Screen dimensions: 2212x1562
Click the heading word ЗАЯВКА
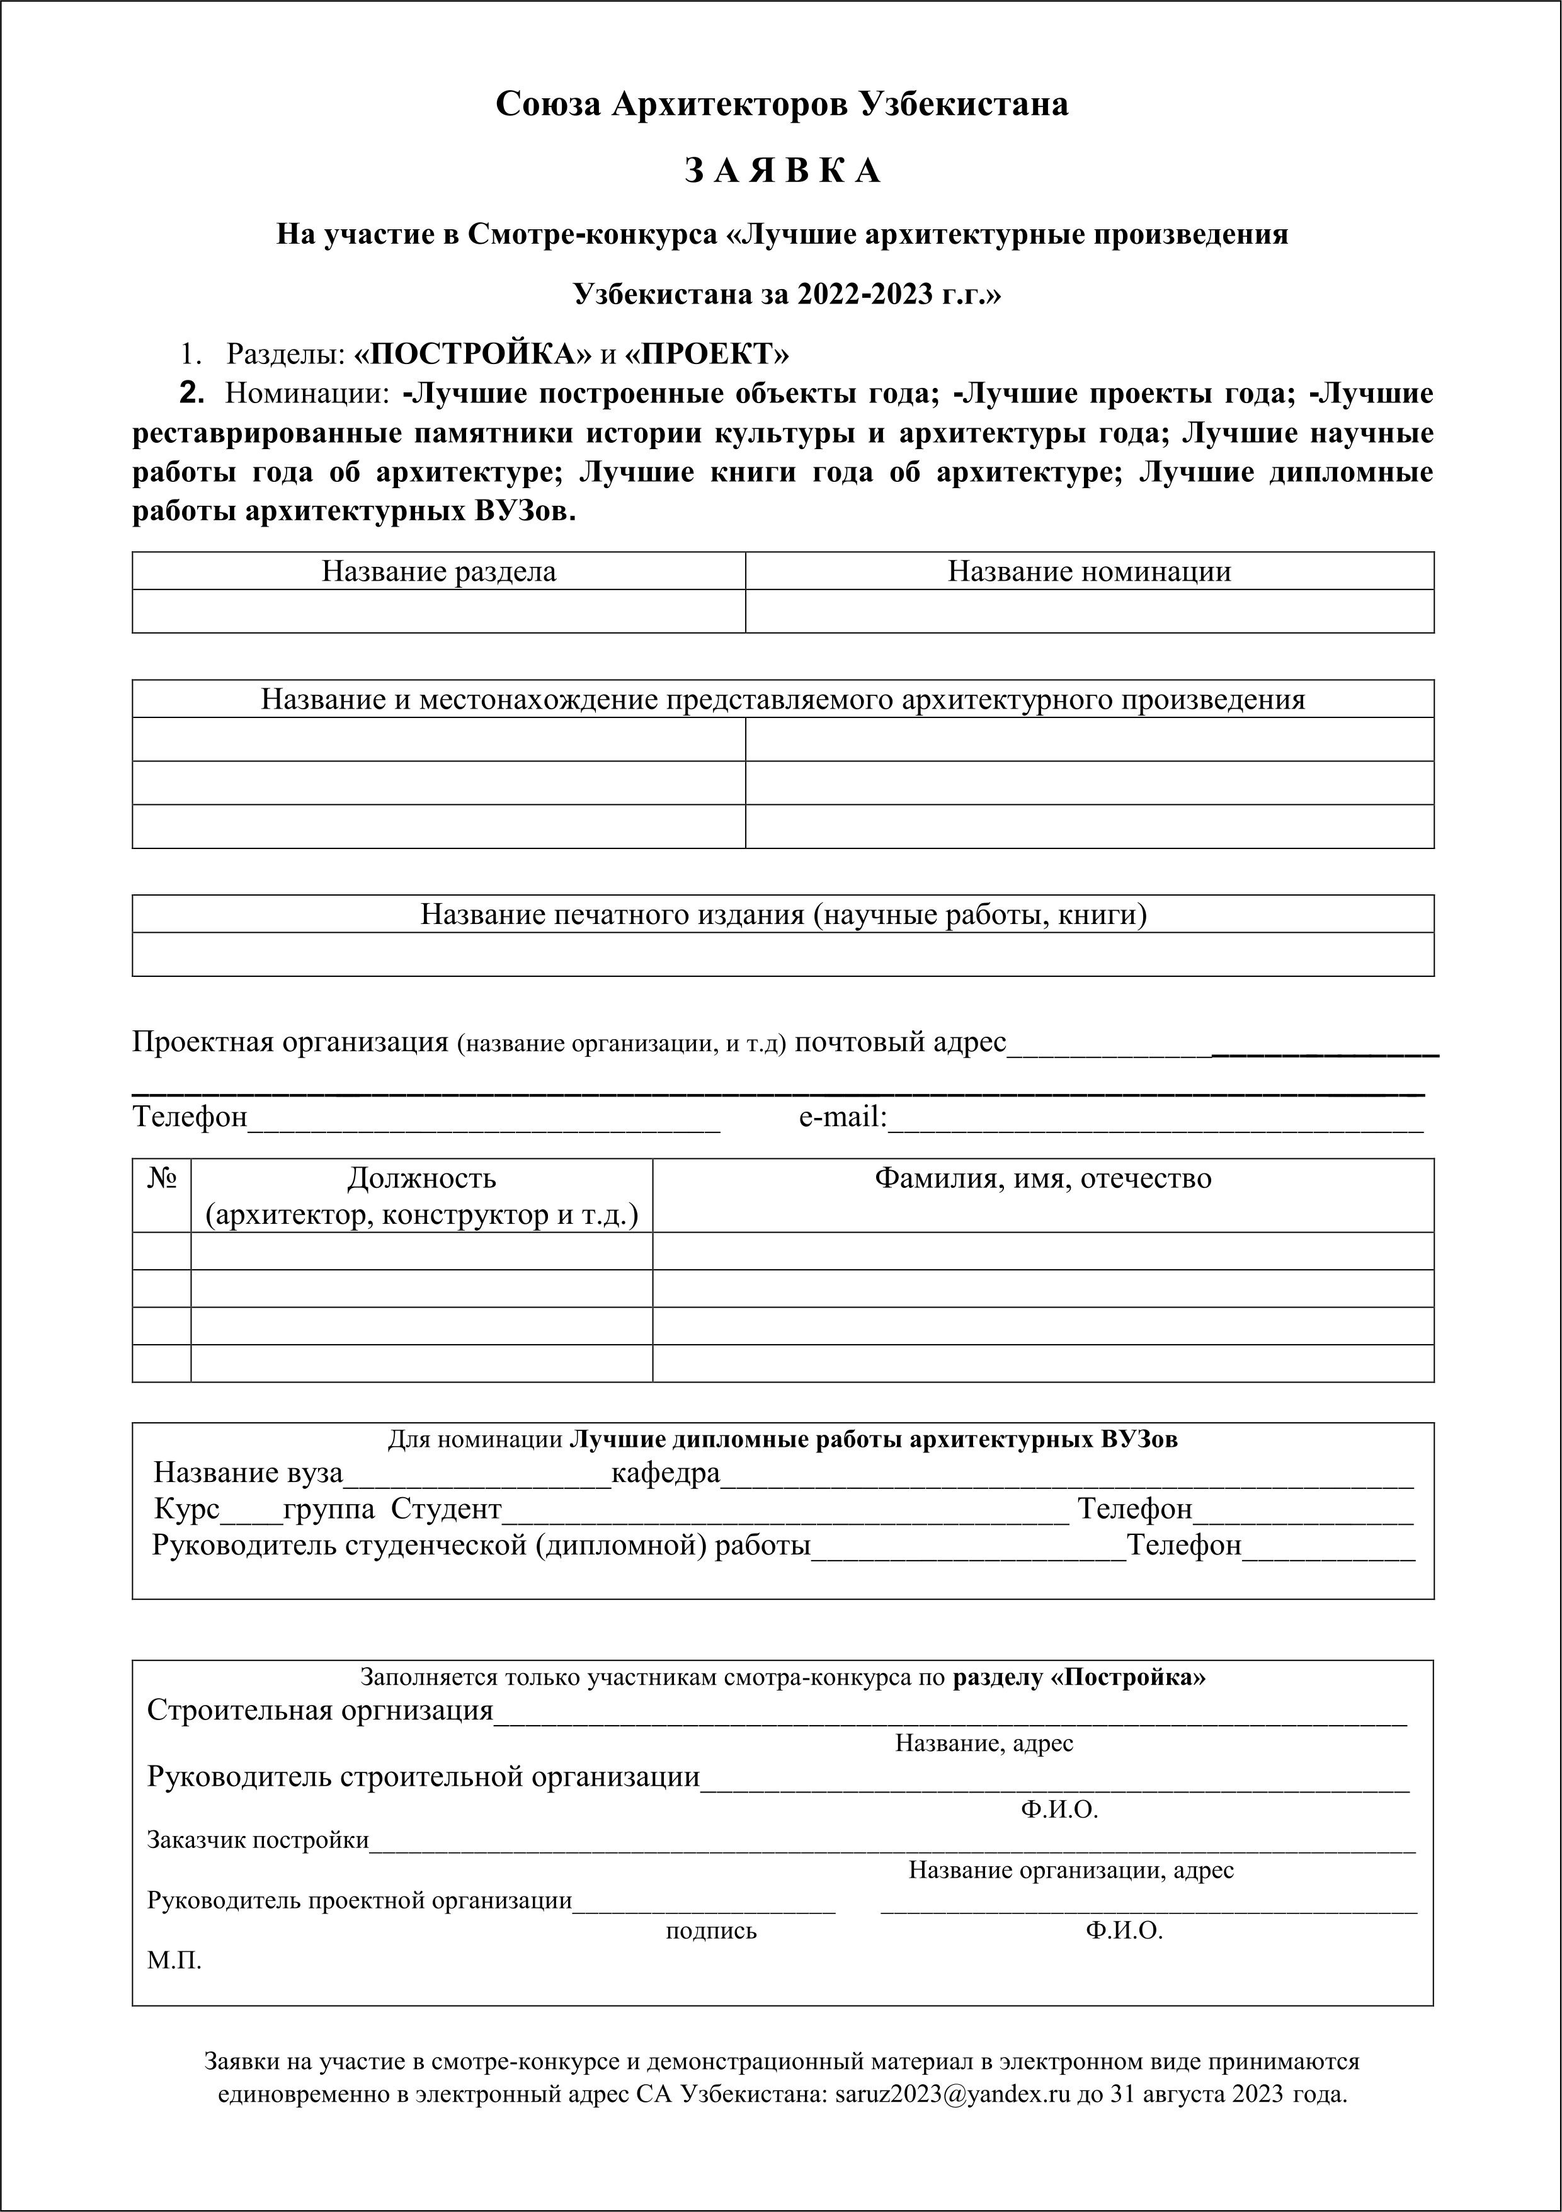pos(782,171)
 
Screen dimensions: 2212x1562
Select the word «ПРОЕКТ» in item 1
pos(706,355)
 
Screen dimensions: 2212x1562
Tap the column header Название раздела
pos(438,571)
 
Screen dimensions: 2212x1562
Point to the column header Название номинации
pos(1089,571)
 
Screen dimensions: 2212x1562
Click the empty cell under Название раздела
pos(438,612)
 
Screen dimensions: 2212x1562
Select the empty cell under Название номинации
pos(1089,612)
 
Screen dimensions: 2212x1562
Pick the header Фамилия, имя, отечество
pos(1042,1178)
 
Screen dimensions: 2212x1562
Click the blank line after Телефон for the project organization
pos(484,1119)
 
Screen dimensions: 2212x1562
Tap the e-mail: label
pos(842,1117)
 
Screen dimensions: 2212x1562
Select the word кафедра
pos(666,1473)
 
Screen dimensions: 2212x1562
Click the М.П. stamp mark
pos(174,1961)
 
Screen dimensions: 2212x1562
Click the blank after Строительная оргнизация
pos(949,1712)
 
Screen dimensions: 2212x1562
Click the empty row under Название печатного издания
pos(782,954)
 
